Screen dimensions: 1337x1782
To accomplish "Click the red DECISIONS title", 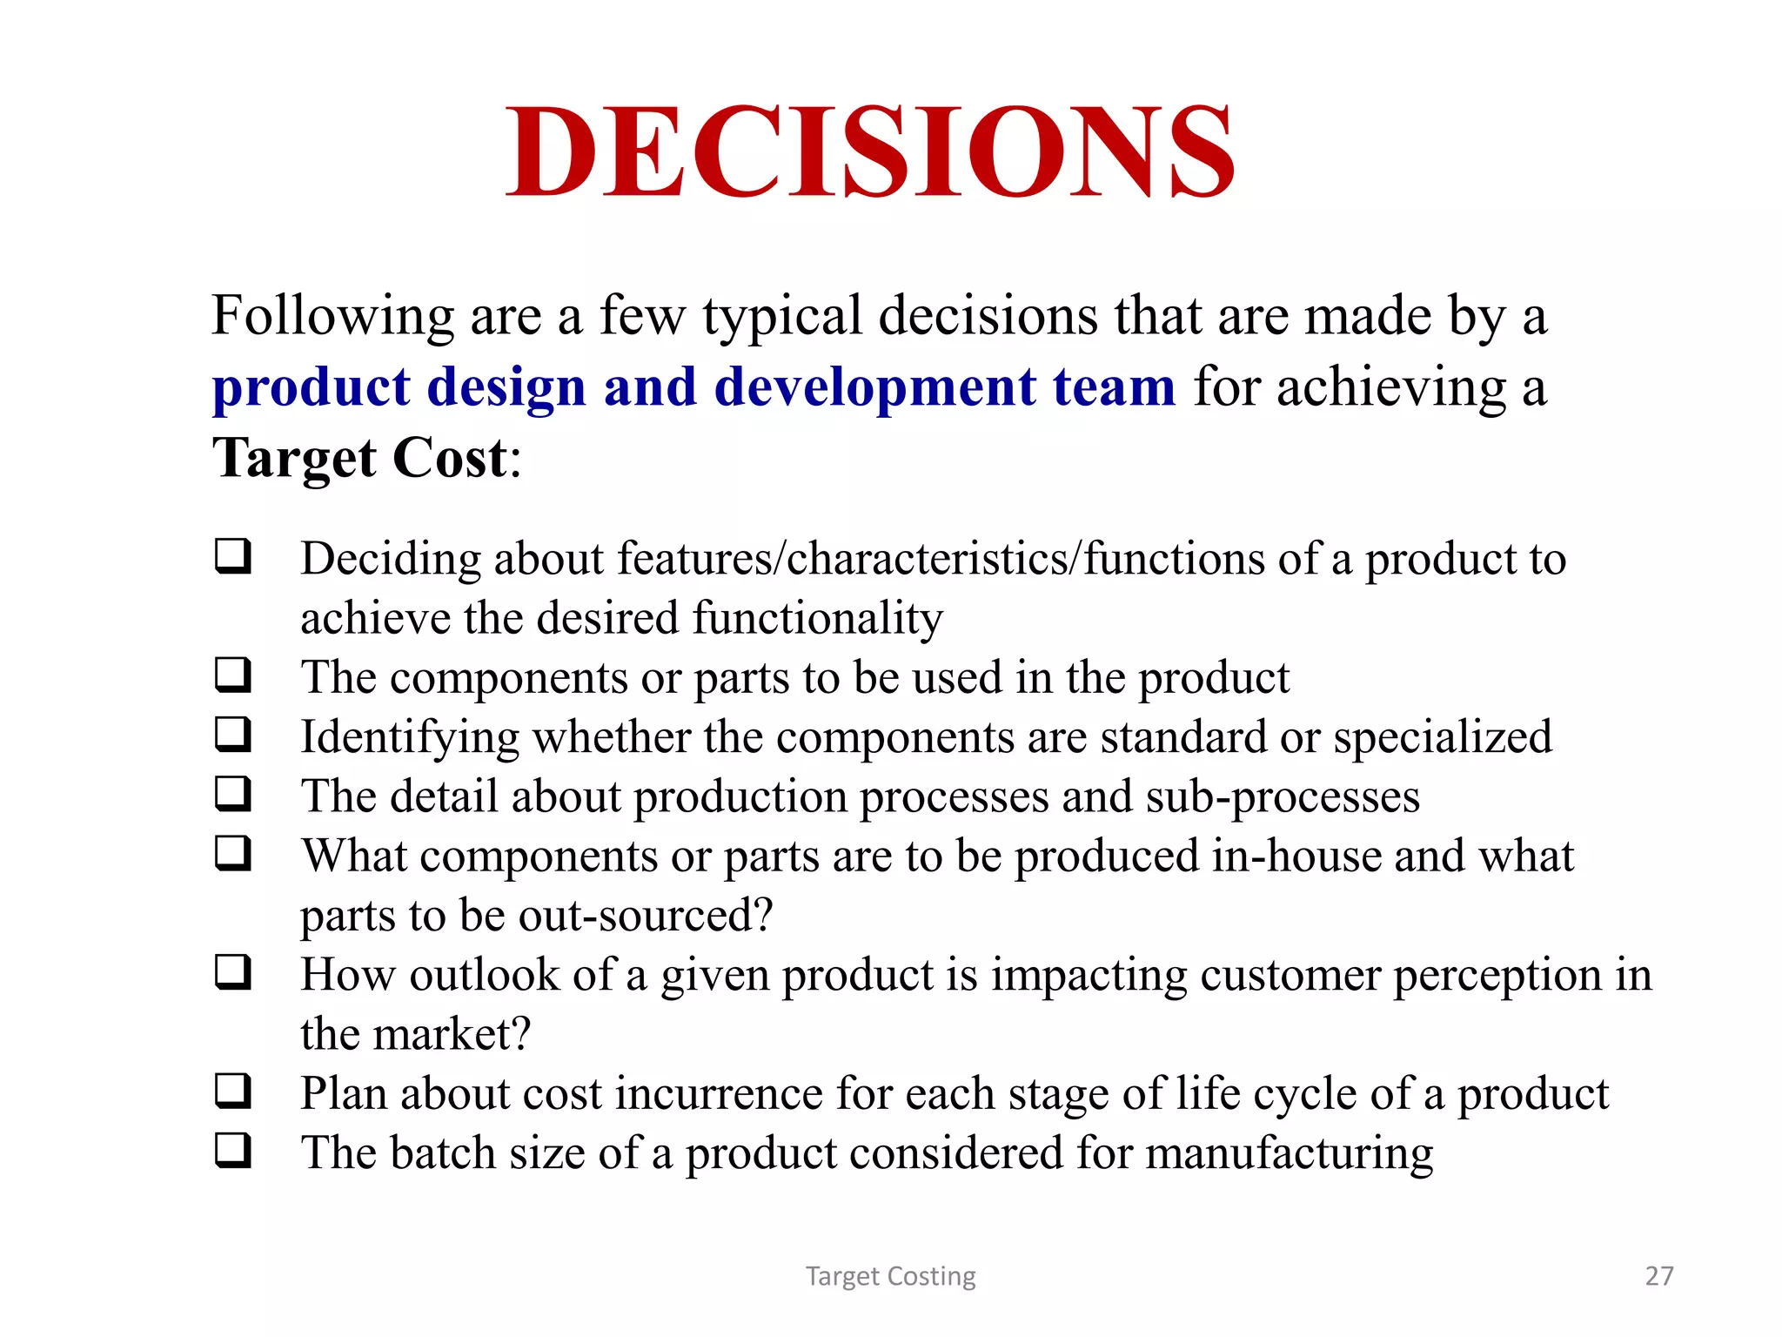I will click(x=870, y=152).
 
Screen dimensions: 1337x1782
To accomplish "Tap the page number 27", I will click(x=1658, y=1276).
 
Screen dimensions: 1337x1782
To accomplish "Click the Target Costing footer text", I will click(x=890, y=1276).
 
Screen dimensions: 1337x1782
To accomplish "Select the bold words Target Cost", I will click(x=359, y=458).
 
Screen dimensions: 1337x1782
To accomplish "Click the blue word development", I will click(x=875, y=386).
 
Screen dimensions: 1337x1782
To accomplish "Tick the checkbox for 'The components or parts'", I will click(x=233, y=675).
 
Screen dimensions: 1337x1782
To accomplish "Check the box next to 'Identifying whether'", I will click(x=233, y=735).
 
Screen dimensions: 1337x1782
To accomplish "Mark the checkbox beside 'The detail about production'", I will click(x=233, y=794).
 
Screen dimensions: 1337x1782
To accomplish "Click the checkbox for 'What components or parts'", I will click(x=233, y=854).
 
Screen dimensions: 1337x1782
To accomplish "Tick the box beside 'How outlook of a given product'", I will click(x=233, y=972).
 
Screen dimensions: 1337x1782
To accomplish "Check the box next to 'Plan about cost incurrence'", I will click(x=233, y=1092).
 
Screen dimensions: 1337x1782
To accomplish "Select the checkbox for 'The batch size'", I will click(x=233, y=1151).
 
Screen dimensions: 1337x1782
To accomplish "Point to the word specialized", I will click(x=1443, y=737).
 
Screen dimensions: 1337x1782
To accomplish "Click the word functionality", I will click(x=817, y=619).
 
